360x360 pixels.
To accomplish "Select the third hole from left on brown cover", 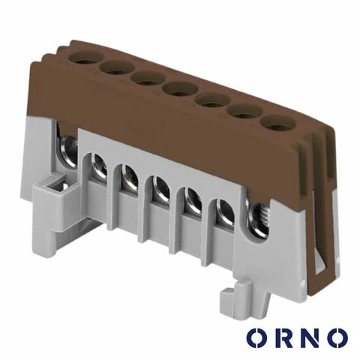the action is pos(148,79).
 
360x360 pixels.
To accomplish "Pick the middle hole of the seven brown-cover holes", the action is pos(180,88).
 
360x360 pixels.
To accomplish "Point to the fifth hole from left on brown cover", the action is pos(212,100).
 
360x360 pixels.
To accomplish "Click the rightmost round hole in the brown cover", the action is pos(277,123).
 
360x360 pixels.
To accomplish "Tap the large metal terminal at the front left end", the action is pos(68,151).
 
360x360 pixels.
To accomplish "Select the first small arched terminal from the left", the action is pos(99,166).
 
